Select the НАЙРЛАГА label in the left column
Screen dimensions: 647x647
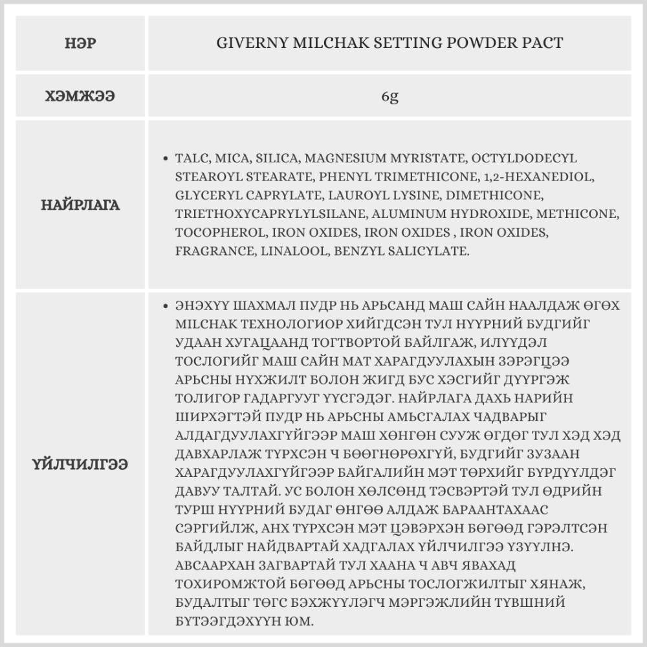coord(81,205)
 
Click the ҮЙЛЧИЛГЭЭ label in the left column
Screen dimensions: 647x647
coord(81,463)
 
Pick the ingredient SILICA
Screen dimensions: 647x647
coord(276,159)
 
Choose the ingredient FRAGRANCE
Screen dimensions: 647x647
coord(215,251)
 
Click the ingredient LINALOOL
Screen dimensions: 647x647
coord(294,251)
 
